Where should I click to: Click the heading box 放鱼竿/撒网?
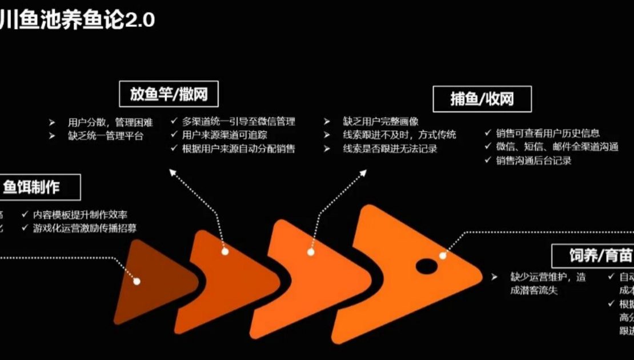(x=169, y=94)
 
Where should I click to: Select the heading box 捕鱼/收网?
(x=482, y=99)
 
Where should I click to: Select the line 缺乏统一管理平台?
(x=105, y=136)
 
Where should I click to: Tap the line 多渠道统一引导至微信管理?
(x=239, y=121)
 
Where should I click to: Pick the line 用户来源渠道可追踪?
(x=224, y=135)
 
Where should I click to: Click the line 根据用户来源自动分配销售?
(x=239, y=149)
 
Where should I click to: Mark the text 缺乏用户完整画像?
(x=380, y=121)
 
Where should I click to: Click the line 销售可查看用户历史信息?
(x=548, y=133)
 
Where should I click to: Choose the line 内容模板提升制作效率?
(x=80, y=214)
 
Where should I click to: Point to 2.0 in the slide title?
(x=140, y=21)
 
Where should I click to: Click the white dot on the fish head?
(x=443, y=255)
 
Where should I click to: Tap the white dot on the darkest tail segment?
(x=137, y=281)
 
